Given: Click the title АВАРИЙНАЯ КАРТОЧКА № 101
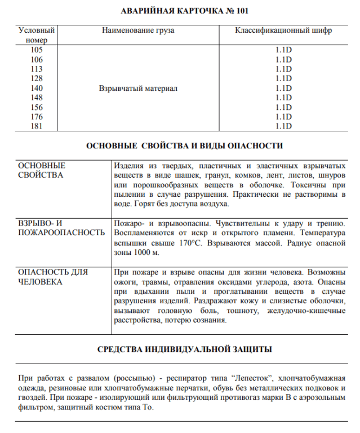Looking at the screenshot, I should click(x=180, y=11).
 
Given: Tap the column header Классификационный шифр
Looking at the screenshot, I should click(x=283, y=30).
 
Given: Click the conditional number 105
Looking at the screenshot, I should click(x=37, y=50).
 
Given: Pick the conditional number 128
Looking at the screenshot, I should click(x=37, y=78).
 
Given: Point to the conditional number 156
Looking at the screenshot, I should click(x=37, y=107).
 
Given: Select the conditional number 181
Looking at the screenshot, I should click(x=37, y=126).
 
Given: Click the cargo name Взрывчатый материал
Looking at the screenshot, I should click(x=138, y=89).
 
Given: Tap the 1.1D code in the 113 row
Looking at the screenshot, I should click(x=283, y=69).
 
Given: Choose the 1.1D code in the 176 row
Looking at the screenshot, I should click(x=283, y=117).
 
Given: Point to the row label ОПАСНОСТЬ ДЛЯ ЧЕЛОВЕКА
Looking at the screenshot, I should click(x=53, y=276).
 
